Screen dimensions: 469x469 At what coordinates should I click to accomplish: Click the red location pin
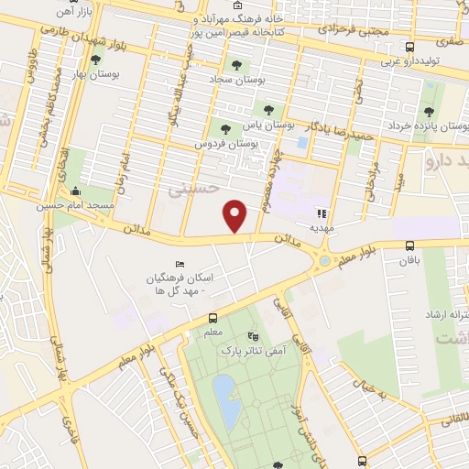click(x=236, y=215)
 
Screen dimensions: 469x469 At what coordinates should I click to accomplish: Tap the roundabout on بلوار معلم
click(x=324, y=263)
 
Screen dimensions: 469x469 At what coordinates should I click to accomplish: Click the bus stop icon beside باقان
click(x=409, y=245)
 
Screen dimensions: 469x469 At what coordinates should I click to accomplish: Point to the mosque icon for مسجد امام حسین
click(x=75, y=193)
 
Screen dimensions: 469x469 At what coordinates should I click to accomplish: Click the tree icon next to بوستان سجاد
click(x=236, y=65)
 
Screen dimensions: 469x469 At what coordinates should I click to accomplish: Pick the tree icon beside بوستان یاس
click(x=267, y=110)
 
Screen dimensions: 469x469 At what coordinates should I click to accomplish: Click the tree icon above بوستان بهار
click(x=95, y=60)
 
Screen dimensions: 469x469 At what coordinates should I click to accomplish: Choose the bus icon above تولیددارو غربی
click(x=409, y=47)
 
